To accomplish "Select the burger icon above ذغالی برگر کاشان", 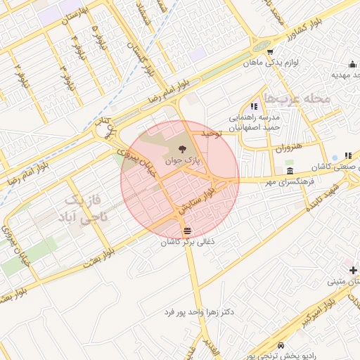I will (x=186, y=231).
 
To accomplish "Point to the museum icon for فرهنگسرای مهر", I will (x=290, y=172).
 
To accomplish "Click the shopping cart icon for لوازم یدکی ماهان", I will (x=271, y=51).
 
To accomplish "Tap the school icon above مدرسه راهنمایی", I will (x=254, y=105).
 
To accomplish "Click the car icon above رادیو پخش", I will (x=281, y=346).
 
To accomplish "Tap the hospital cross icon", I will (x=352, y=270).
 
